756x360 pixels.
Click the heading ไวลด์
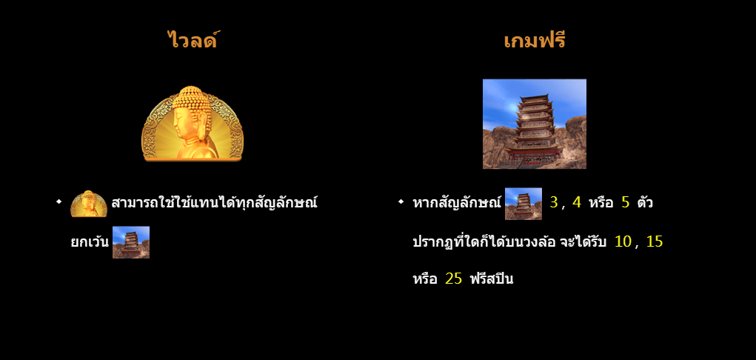point(193,40)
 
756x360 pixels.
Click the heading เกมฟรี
point(534,40)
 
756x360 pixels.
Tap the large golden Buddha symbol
point(193,124)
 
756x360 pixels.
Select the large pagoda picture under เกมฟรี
point(534,124)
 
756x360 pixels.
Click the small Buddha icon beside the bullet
point(89,204)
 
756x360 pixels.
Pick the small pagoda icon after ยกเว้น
point(131,242)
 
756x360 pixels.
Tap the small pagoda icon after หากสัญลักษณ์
point(523,204)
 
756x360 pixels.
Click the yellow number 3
point(553,202)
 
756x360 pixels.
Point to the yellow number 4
point(576,202)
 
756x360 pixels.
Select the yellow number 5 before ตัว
point(625,202)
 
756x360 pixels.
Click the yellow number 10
point(623,241)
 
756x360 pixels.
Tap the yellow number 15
point(655,241)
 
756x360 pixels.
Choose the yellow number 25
point(454,279)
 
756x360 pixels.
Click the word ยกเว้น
point(89,242)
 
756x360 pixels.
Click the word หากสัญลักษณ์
point(457,202)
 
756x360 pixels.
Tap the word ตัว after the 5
point(645,202)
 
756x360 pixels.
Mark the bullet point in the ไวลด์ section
point(58,202)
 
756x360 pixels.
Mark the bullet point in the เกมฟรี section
point(401,202)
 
